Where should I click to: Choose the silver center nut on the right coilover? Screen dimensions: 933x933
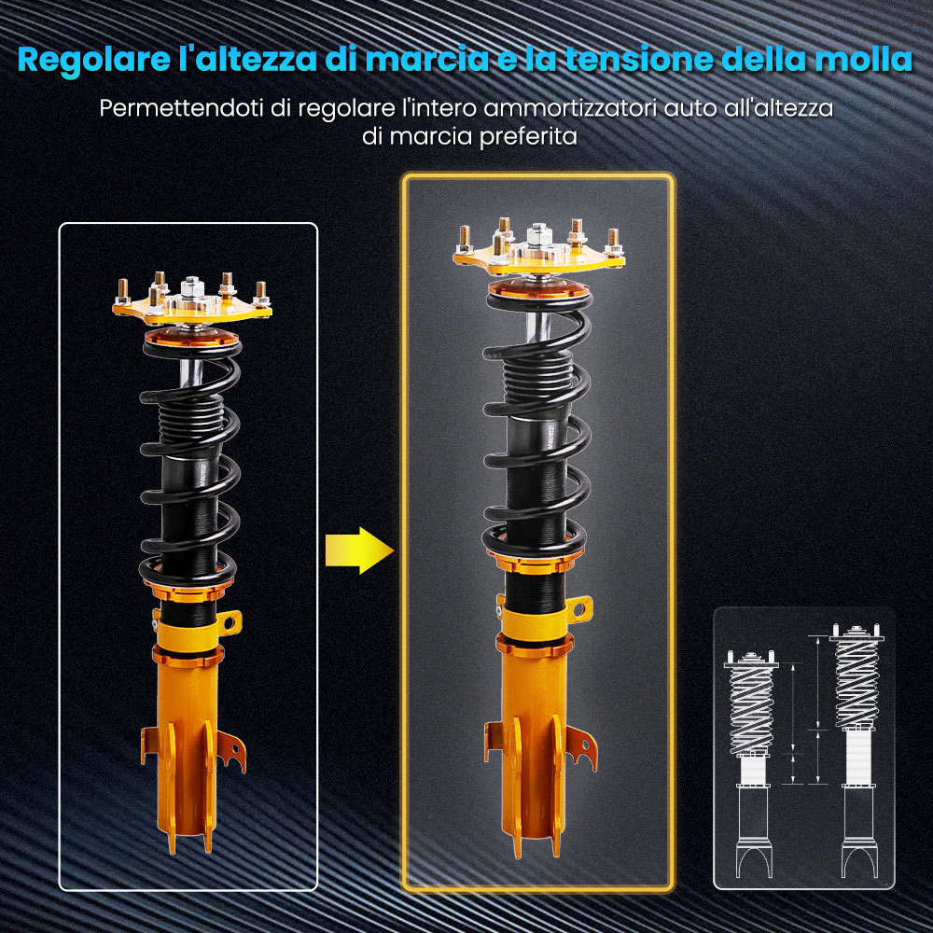538,233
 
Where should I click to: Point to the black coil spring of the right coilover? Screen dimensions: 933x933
536,420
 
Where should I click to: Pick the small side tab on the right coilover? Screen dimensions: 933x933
578,607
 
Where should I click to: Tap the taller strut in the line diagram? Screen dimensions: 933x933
856,746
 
